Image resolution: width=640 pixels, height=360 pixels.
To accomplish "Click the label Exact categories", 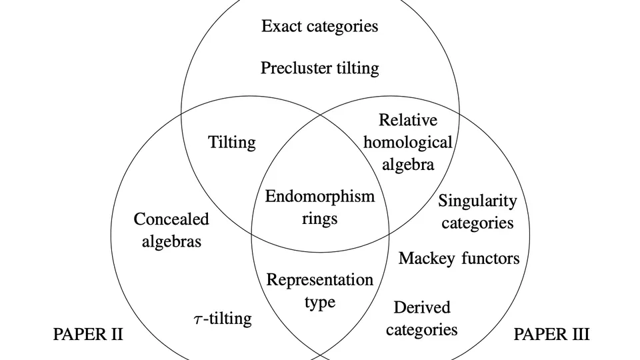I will point(319,27).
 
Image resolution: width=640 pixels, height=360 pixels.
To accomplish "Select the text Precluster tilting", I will point(319,68).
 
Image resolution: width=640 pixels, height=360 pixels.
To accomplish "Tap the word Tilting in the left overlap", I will point(231,142).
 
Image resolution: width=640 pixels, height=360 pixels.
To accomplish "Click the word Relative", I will point(408,120).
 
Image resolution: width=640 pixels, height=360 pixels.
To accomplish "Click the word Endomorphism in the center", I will point(319,197).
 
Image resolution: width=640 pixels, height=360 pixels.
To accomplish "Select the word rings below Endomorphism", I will point(319,219).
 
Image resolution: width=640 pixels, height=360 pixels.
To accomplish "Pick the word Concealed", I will point(171,219).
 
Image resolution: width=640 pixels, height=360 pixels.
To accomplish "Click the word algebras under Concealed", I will point(171,241).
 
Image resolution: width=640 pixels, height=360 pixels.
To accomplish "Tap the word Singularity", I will point(477,201).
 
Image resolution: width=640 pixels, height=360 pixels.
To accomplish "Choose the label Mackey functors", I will point(459,258).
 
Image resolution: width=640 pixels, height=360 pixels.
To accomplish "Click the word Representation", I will point(319,279).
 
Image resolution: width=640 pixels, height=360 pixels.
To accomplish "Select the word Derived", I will point(422,307).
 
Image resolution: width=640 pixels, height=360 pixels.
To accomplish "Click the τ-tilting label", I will point(218,319).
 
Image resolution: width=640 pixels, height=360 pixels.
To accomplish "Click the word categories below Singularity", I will point(477,223).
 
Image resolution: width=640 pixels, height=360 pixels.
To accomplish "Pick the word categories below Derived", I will point(422,329).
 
